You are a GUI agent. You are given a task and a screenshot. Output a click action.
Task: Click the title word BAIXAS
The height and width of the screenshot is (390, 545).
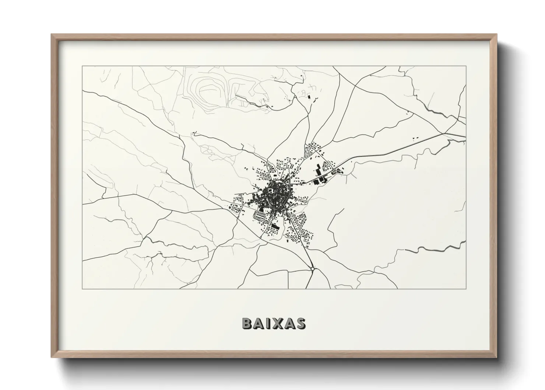point(274,323)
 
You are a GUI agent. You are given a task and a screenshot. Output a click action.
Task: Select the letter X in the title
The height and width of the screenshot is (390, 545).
point(279,323)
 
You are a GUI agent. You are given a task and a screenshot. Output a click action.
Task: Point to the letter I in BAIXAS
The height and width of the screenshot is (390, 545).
point(269,323)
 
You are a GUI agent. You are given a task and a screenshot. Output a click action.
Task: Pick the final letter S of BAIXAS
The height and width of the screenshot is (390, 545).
point(300,323)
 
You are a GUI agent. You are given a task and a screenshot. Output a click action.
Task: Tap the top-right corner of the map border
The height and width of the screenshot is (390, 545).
point(466,66)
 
